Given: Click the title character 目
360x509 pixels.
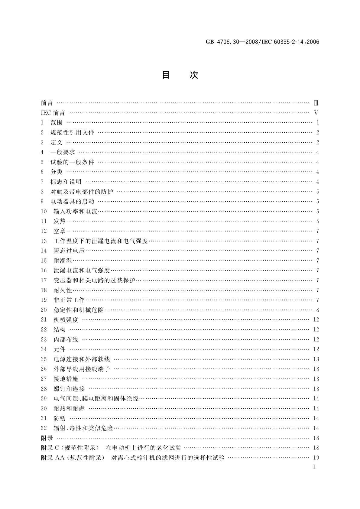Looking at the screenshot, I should coord(166,75).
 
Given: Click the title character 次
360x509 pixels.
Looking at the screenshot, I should coord(194,75).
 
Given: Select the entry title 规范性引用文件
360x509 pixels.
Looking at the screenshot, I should coord(72,132).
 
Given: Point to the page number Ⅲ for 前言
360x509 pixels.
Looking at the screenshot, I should coord(316,103).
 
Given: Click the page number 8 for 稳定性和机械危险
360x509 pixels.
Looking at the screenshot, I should coord(317,310).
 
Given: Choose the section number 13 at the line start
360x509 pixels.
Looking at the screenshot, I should coord(44,241).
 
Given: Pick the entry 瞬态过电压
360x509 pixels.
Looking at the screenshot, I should coord(69,251).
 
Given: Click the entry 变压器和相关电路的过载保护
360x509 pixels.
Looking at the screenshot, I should coord(94,280).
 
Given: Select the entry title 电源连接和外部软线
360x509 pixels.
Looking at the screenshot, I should coord(82,359).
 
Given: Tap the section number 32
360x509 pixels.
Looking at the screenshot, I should coord(44,428).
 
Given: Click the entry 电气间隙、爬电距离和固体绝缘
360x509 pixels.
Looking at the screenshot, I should coord(96,398).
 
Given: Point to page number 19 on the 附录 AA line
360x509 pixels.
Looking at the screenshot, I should coord(316,458).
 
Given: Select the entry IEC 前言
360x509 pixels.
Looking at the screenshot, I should coord(53,113).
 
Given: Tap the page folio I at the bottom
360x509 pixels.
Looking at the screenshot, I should coord(314,467).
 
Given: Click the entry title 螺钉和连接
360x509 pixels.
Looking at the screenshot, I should coord(69,389).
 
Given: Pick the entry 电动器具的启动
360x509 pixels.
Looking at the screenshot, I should coord(72,201).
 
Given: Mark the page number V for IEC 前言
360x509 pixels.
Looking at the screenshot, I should coord(316,113).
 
